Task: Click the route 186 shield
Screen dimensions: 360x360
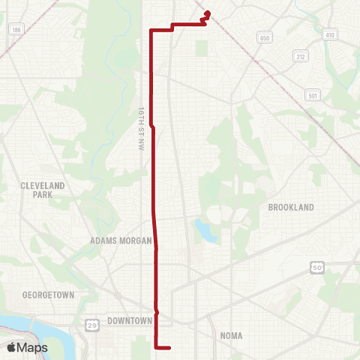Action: pyautogui.click(x=16, y=29)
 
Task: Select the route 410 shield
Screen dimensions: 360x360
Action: pyautogui.click(x=331, y=34)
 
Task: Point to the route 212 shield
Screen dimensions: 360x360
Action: pyautogui.click(x=301, y=56)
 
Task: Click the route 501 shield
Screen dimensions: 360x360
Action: pyautogui.click(x=313, y=94)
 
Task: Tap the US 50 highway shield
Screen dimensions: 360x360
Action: pyautogui.click(x=317, y=266)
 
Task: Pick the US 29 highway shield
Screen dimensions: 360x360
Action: pyautogui.click(x=91, y=323)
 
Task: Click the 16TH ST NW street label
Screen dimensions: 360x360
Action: pyautogui.click(x=140, y=120)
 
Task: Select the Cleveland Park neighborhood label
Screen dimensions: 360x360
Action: pyautogui.click(x=43, y=190)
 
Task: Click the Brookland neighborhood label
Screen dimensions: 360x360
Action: pyautogui.click(x=290, y=206)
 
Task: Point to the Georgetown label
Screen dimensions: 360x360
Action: pyautogui.click(x=49, y=295)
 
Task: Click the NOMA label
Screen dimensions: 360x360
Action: pyautogui.click(x=231, y=335)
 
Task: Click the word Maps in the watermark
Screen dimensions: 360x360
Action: pyautogui.click(x=33, y=348)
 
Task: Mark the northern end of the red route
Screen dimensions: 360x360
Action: pyautogui.click(x=207, y=12)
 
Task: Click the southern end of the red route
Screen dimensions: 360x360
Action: pyautogui.click(x=171, y=347)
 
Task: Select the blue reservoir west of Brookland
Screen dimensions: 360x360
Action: pyautogui.click(x=202, y=229)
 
